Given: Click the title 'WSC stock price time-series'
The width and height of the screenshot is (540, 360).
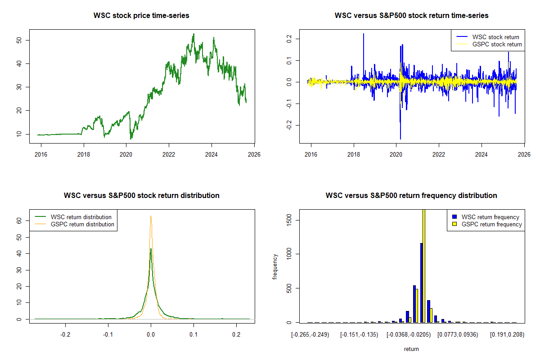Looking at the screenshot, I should coord(141,16).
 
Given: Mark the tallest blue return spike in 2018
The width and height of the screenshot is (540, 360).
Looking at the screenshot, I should coord(364,34).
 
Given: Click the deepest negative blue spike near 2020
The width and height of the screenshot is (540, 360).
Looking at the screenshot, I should coord(400,138).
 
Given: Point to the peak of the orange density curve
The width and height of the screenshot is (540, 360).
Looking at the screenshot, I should coord(151,216).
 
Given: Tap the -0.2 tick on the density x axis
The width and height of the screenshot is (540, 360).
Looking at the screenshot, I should coord(65,335).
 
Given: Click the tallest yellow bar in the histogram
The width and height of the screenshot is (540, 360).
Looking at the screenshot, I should coord(424,265).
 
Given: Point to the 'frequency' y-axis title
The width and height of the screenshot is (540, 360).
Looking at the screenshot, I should coord(275,266).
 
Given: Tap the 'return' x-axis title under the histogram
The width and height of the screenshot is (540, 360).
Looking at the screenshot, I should coord(411,349).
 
